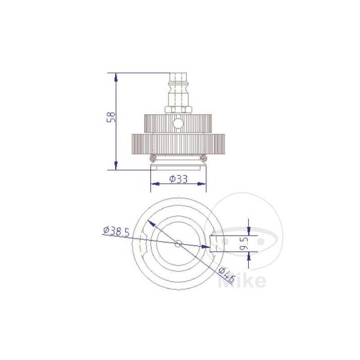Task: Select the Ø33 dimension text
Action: point(178,179)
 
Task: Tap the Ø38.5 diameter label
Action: point(116,231)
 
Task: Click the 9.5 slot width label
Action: point(244,244)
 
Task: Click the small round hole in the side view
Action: point(179,123)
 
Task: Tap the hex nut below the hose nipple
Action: point(179,109)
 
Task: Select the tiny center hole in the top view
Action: point(178,243)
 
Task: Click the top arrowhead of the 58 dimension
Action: point(116,76)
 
